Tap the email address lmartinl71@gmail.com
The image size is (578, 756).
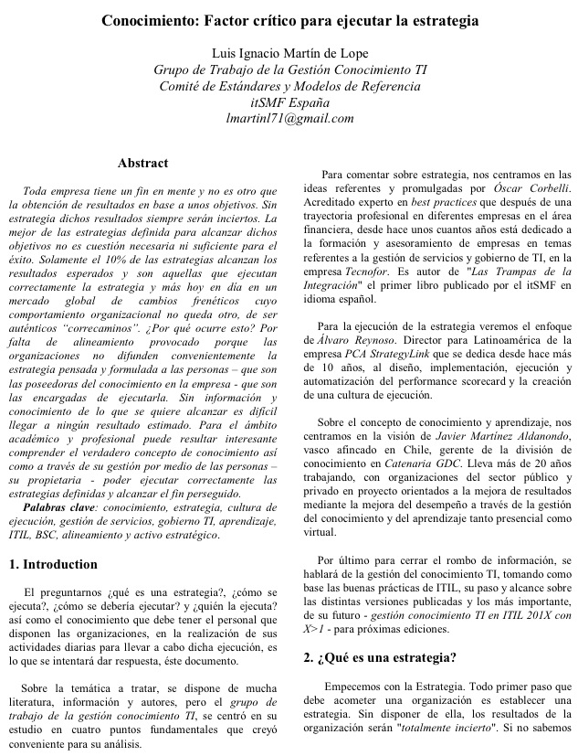(x=289, y=118)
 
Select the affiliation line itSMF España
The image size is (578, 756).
(x=289, y=101)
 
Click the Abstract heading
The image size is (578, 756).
(x=143, y=164)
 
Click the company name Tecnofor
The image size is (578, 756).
(x=373, y=272)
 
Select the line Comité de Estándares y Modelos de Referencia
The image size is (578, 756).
(x=289, y=85)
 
